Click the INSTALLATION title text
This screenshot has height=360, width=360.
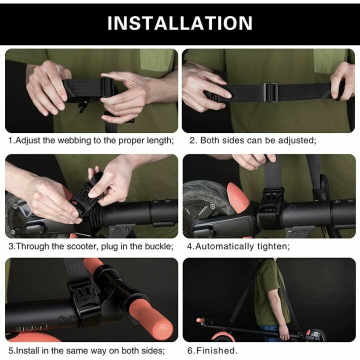coord(180,23)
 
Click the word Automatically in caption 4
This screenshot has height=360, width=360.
coord(225,246)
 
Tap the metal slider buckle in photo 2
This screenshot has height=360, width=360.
coord(270,92)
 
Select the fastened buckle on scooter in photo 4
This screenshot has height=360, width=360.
coord(270,210)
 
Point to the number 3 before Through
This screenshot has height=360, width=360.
coord(10,246)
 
